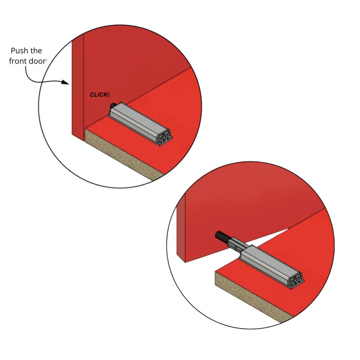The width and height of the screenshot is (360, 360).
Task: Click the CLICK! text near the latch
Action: [100, 95]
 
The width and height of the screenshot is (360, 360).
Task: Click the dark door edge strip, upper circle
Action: [77, 86]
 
